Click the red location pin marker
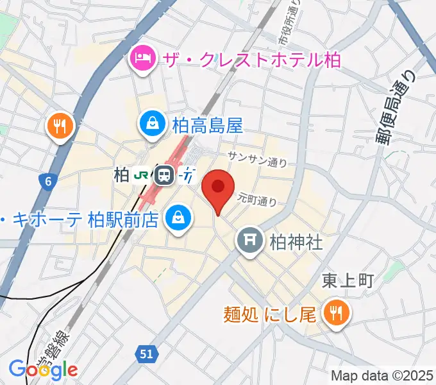coord(217,188)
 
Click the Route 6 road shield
coord(48,182)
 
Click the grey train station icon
coord(164,175)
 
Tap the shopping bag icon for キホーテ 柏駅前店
coord(178,218)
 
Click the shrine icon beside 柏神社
coord(249,241)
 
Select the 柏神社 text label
coord(296,242)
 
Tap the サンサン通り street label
coord(257,159)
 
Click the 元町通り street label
coord(256,200)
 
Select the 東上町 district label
coord(346,280)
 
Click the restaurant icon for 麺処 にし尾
coord(335,314)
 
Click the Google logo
coord(44,369)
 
